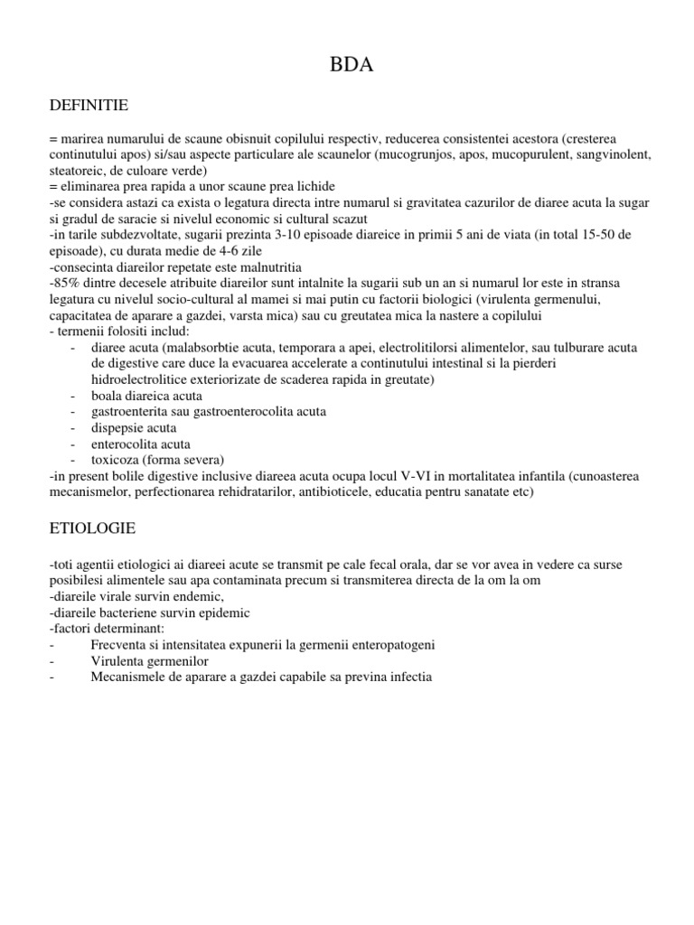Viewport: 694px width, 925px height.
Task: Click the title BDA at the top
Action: click(x=347, y=66)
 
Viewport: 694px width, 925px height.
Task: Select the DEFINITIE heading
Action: click(x=89, y=107)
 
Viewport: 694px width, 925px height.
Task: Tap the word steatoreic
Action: click(x=78, y=171)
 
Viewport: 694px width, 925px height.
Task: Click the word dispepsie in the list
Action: click(x=119, y=428)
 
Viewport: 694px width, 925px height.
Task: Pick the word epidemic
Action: click(x=216, y=612)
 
